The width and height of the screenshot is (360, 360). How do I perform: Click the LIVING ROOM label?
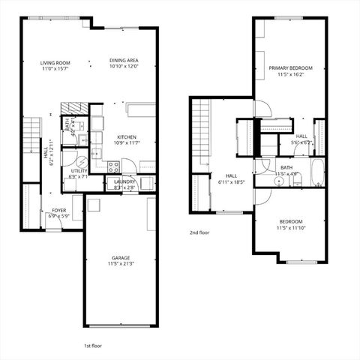point(55,63)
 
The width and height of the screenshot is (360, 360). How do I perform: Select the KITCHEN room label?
point(125,137)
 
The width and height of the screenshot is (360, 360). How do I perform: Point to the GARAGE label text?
point(121,257)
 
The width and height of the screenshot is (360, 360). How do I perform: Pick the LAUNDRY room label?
point(124,181)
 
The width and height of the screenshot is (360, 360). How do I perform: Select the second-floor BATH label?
point(286,167)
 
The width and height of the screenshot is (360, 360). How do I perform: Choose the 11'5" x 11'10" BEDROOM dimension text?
point(290,229)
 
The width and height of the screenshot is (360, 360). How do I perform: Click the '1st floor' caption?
point(93,346)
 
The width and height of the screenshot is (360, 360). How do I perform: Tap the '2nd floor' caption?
point(199,232)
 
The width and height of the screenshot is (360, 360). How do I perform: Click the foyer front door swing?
point(52,223)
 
